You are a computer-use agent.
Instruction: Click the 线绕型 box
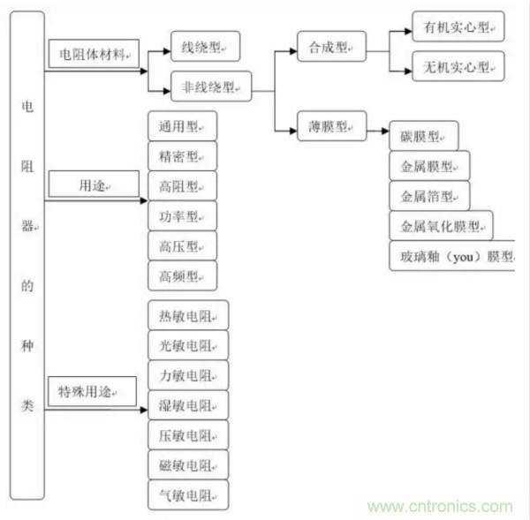click(x=205, y=45)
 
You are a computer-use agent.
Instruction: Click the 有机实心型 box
click(x=458, y=26)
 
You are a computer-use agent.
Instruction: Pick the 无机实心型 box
click(x=458, y=66)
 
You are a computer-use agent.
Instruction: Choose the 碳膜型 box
click(x=423, y=137)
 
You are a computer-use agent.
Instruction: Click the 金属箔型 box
click(x=429, y=195)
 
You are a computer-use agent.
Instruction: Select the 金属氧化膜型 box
click(x=441, y=226)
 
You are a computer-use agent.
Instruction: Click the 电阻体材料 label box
click(x=92, y=55)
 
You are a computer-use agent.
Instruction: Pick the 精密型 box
click(x=183, y=156)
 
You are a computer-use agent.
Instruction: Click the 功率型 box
click(x=183, y=216)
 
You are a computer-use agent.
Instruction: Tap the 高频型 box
click(x=183, y=276)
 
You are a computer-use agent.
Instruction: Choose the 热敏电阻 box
click(x=188, y=315)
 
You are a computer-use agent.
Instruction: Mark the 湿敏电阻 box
click(x=188, y=405)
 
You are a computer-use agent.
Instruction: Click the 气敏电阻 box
click(x=188, y=494)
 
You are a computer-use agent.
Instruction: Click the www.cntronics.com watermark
click(x=441, y=507)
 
